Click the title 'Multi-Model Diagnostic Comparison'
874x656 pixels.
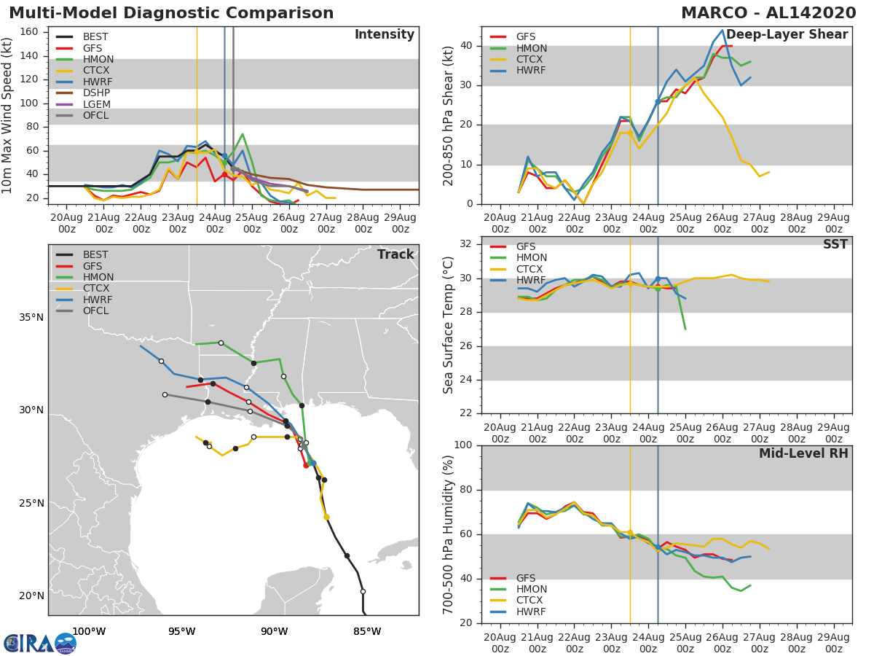click(171, 13)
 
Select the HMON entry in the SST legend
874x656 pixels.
click(531, 258)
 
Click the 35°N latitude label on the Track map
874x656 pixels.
click(31, 317)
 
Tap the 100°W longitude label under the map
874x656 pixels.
click(89, 631)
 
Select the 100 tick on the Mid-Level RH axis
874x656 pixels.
click(463, 445)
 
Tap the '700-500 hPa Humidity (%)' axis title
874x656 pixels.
click(449, 534)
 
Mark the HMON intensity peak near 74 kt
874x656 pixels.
click(243, 134)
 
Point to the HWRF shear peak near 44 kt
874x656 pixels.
click(722, 31)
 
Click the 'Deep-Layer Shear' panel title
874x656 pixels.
click(787, 35)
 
